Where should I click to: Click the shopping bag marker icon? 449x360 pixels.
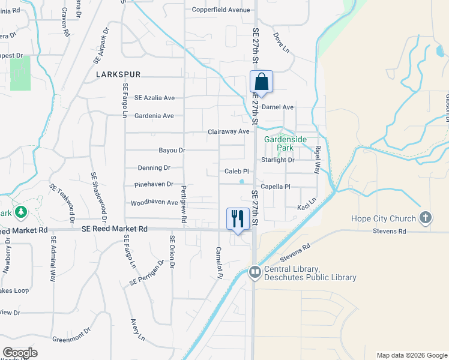[x=261, y=81]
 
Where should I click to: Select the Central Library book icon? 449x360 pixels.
[x=255, y=273]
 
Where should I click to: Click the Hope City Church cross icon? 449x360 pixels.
[x=425, y=217]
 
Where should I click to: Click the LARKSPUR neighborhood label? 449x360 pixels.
[x=118, y=74]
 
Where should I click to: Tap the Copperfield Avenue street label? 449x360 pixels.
[x=220, y=10]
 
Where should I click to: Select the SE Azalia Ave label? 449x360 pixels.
[x=154, y=98]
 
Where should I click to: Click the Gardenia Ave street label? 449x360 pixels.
[x=154, y=116]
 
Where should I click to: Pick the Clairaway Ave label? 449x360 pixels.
[x=228, y=131]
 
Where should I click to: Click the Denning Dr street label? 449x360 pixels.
[x=154, y=168]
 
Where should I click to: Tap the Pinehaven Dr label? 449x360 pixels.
[x=154, y=184]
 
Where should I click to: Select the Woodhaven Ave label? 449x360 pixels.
[x=154, y=202]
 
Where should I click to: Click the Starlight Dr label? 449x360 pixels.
[x=278, y=160]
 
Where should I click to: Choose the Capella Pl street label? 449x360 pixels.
[x=276, y=187]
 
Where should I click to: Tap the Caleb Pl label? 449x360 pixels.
[x=237, y=172]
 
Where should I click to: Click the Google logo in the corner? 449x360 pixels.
[x=20, y=352]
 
